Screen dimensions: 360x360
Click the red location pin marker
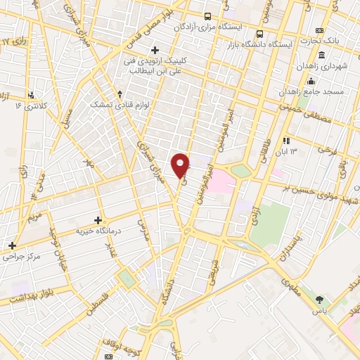[x=181, y=165]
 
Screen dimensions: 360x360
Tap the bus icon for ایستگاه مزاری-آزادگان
[x=207, y=16]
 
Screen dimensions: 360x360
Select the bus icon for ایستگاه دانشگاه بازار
[x=261, y=33]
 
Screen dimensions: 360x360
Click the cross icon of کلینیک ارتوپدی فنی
[x=155, y=50]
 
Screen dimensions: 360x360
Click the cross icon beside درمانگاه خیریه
[x=98, y=220]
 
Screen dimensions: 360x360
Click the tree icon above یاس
[x=321, y=301]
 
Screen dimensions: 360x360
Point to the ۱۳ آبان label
[x=291, y=151]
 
